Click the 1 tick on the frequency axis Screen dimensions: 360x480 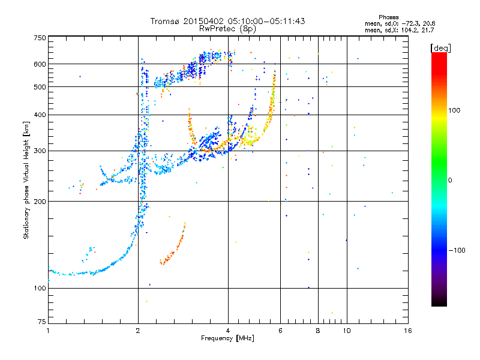click(x=48, y=331)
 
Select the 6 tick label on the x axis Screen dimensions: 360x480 click(x=280, y=331)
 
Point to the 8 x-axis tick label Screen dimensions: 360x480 click(x=318, y=331)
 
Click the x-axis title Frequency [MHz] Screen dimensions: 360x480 click(x=228, y=339)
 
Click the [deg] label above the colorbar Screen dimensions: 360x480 click(x=441, y=47)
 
